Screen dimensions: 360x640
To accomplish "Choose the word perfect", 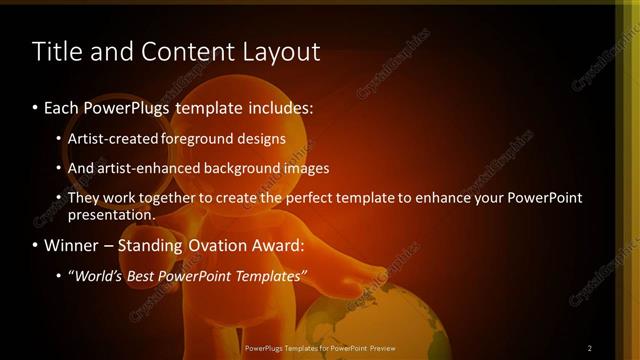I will coord(314,198).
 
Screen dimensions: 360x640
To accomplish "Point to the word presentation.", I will coord(111,214).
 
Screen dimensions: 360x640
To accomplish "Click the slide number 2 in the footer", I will coord(590,347).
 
